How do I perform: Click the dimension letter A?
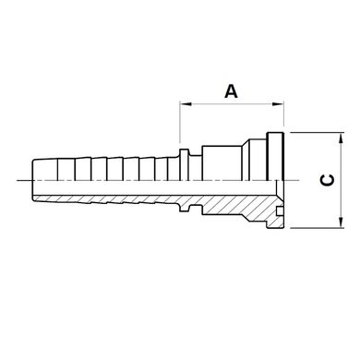[x=231, y=91]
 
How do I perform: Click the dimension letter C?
[x=328, y=180]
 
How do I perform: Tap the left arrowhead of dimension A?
[x=186, y=104]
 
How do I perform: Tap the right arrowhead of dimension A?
[x=278, y=104]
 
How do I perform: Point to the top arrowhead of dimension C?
[x=341, y=138]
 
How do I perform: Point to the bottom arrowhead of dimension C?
[x=341, y=222]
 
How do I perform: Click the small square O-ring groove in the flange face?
[x=280, y=211]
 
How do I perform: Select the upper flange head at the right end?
[x=275, y=156]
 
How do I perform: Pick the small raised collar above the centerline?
[x=184, y=164]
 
